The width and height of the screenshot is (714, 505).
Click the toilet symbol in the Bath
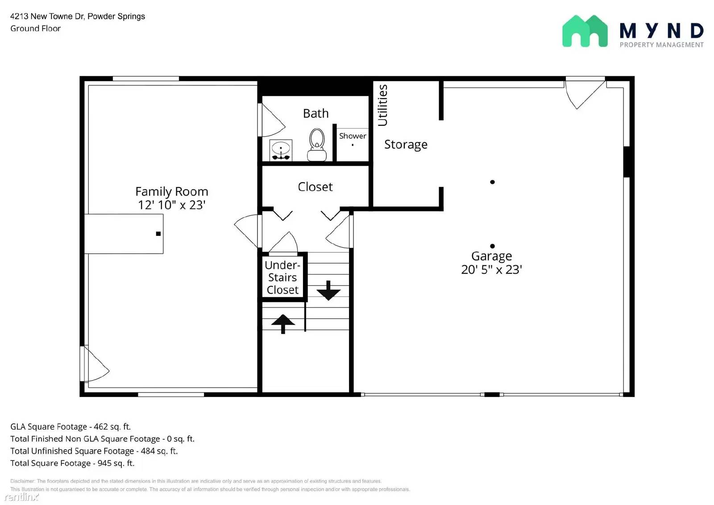[317, 144]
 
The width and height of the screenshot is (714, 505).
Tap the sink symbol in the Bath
[281, 150]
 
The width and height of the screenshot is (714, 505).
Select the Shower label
[352, 136]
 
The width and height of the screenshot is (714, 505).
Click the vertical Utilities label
[382, 105]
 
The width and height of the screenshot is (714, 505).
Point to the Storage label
[406, 144]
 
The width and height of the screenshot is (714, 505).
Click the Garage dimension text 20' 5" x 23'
[491, 269]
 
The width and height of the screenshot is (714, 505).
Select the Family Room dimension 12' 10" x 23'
[171, 205]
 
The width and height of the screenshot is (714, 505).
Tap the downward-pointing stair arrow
[328, 291]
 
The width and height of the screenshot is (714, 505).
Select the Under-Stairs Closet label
[282, 277]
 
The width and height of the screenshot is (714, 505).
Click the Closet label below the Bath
[315, 187]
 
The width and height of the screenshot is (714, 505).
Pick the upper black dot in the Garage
[492, 182]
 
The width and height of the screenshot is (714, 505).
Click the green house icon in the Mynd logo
[585, 31]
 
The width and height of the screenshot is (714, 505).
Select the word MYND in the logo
[661, 31]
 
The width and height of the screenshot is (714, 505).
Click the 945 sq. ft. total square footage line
[72, 463]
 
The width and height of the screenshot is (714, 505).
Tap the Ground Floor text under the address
[35, 29]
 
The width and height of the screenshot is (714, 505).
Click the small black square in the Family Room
[158, 234]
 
